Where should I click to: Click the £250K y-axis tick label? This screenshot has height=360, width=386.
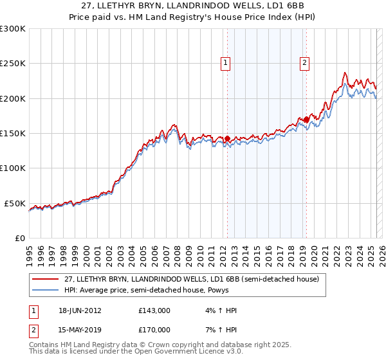click(x=13, y=64)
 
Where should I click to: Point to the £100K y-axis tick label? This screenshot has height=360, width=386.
click(x=13, y=168)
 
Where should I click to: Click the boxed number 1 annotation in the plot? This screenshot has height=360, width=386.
click(x=226, y=63)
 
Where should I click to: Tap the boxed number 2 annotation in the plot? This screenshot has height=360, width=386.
click(x=304, y=63)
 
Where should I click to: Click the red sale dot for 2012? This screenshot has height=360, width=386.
click(x=227, y=138)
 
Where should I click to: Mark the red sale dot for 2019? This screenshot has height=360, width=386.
click(x=306, y=119)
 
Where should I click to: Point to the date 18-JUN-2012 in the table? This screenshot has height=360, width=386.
click(x=80, y=310)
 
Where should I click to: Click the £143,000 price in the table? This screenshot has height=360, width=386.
click(x=154, y=310)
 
